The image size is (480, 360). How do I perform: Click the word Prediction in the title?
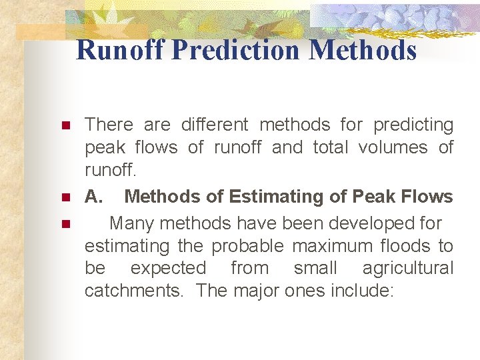click(x=237, y=50)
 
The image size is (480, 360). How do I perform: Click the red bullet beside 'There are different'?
click(x=65, y=126)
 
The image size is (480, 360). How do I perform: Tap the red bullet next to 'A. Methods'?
click(x=65, y=198)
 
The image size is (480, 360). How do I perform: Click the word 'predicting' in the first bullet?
click(x=413, y=125)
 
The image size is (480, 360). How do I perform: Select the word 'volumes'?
click(x=393, y=147)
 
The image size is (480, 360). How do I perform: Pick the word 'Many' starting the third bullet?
click(x=131, y=222)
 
